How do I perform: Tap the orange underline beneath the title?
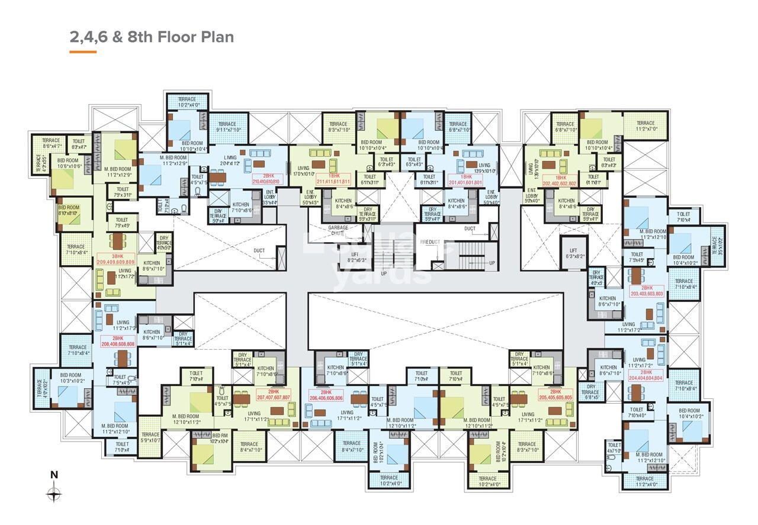[83, 52]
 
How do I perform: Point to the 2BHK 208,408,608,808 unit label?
[118, 340]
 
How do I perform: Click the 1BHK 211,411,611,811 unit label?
[333, 179]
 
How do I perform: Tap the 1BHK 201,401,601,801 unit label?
[467, 179]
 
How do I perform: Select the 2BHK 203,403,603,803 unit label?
[647, 291]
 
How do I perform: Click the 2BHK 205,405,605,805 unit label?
[555, 394]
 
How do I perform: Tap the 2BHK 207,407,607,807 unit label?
[273, 395]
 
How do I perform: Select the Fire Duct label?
[431, 242]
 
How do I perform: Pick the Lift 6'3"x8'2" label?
[573, 253]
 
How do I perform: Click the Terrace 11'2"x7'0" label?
[645, 125]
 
